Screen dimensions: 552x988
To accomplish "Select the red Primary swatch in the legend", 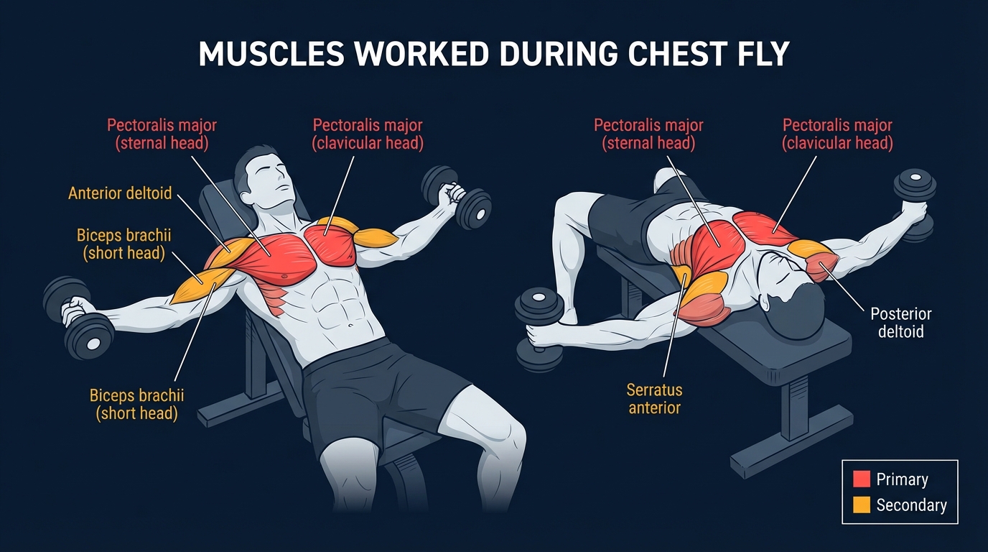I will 861,479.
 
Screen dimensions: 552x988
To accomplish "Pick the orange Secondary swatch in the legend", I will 861,505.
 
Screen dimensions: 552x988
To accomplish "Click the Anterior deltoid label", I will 120,193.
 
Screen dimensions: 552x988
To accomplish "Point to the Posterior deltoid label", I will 900,323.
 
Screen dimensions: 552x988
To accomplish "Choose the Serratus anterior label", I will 654,399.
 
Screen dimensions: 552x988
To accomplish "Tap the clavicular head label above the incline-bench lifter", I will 367,134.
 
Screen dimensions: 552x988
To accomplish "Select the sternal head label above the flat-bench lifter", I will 648,134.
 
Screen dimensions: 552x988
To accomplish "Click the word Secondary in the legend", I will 911,505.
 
